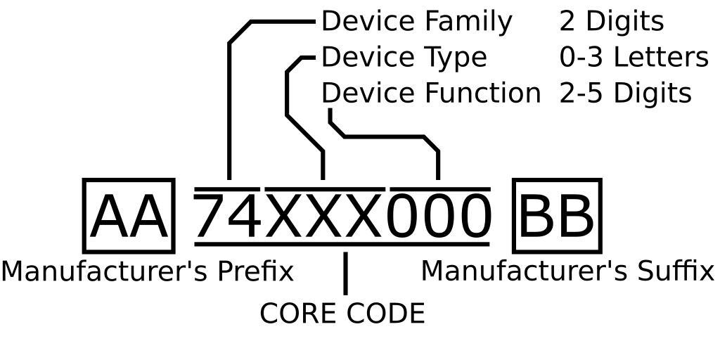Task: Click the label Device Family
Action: pyautogui.click(x=416, y=22)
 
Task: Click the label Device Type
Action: pyautogui.click(x=404, y=58)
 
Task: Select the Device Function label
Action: pyautogui.click(x=430, y=93)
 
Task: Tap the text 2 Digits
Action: pyautogui.click(x=611, y=22)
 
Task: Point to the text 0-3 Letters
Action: pyautogui.click(x=634, y=58)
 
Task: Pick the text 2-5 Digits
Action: pyautogui.click(x=625, y=93)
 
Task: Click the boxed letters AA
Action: pyautogui.click(x=129, y=217)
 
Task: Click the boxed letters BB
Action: pyautogui.click(x=557, y=217)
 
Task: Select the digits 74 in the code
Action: pyautogui.click(x=228, y=217)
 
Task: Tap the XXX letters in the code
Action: pyautogui.click(x=324, y=217)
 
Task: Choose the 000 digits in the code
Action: pyautogui.click(x=439, y=217)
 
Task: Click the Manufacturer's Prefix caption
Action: pyautogui.click(x=147, y=271)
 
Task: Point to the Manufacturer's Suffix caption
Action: pyautogui.click(x=567, y=271)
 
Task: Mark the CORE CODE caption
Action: pyautogui.click(x=342, y=314)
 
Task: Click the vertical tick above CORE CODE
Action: pyautogui.click(x=345, y=274)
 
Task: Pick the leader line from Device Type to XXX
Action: pyautogui.click(x=288, y=91)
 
